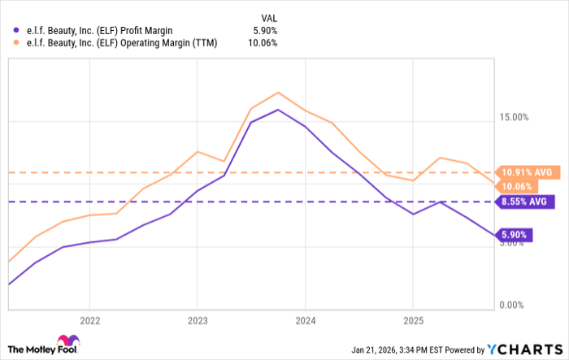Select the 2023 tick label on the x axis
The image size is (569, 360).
[x=197, y=319]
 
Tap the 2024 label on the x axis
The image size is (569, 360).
[x=305, y=319]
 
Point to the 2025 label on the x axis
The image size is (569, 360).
[x=413, y=319]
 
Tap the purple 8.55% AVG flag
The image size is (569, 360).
[x=527, y=202]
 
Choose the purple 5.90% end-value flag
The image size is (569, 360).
[x=515, y=235]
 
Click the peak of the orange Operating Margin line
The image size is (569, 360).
[x=278, y=93]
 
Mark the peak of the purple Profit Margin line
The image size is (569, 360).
[x=278, y=110]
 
